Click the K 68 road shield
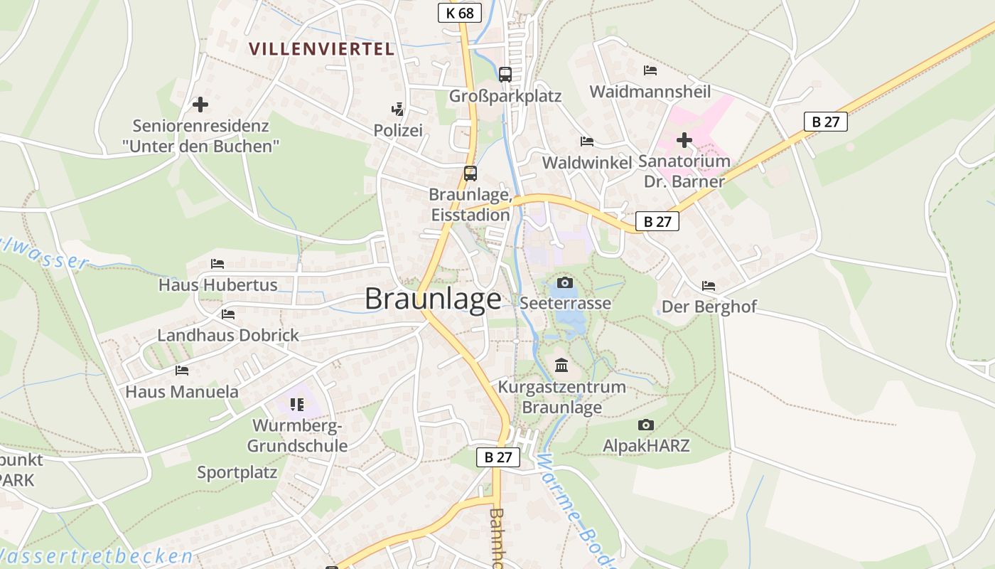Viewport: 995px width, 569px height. pyautogui.click(x=460, y=13)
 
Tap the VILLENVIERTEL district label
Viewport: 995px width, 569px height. pyautogui.click(x=321, y=49)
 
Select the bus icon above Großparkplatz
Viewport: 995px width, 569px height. pyautogui.click(x=505, y=74)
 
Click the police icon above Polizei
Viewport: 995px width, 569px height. pyautogui.click(x=398, y=110)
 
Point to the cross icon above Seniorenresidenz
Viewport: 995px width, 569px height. pyautogui.click(x=200, y=105)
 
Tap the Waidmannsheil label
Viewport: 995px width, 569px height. pyautogui.click(x=650, y=91)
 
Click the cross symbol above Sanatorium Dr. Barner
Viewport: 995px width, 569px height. pyautogui.click(x=684, y=140)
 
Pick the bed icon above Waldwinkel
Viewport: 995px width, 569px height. pyautogui.click(x=586, y=142)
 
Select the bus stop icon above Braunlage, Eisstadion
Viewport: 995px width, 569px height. pyautogui.click(x=470, y=173)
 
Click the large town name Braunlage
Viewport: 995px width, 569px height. pyautogui.click(x=433, y=299)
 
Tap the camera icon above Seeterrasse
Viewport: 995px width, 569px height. pyautogui.click(x=565, y=283)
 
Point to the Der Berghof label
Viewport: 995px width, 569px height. pyautogui.click(x=709, y=307)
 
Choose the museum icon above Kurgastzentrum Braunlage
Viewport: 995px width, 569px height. pyautogui.click(x=561, y=366)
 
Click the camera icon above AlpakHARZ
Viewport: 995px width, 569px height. pyautogui.click(x=645, y=425)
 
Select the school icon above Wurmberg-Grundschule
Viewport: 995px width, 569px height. pyautogui.click(x=296, y=405)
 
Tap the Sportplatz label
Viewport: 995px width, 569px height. pyautogui.click(x=237, y=472)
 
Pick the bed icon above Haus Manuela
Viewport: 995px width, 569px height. pyautogui.click(x=182, y=371)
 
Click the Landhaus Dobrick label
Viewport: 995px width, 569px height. pyautogui.click(x=228, y=335)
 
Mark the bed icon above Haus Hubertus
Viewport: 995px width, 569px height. pyautogui.click(x=217, y=264)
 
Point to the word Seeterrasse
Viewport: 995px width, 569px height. pyautogui.click(x=565, y=303)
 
